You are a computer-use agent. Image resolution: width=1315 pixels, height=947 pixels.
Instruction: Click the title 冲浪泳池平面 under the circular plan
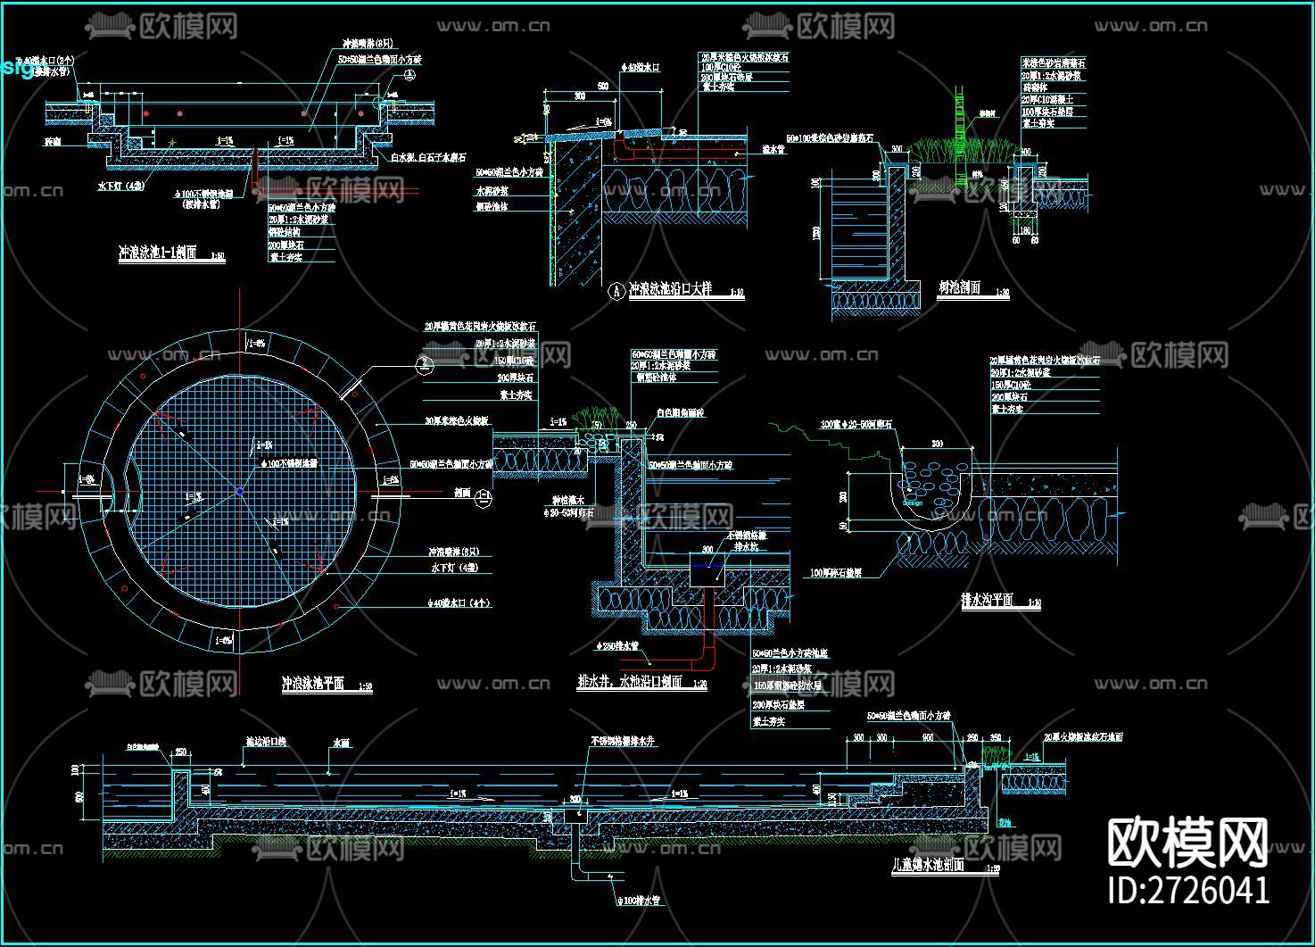pyautogui.click(x=313, y=685)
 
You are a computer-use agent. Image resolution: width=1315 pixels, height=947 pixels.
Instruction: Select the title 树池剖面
pyautogui.click(x=959, y=287)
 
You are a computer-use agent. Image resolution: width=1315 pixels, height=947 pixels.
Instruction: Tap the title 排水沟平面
pyautogui.click(x=988, y=601)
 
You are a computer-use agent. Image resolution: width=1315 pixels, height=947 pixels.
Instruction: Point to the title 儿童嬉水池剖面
pyautogui.click(x=928, y=865)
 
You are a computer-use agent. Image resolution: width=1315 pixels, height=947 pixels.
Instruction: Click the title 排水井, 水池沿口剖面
pyautogui.click(x=630, y=682)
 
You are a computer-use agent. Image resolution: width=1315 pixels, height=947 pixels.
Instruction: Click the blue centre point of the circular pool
pyautogui.click(x=240, y=491)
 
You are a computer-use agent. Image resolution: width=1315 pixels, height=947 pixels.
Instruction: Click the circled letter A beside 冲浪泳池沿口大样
pyautogui.click(x=616, y=291)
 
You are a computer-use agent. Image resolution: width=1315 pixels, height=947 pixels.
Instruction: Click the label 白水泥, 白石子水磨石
pyautogui.click(x=429, y=158)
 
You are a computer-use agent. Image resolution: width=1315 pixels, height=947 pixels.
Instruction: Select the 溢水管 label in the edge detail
pyautogui.click(x=773, y=150)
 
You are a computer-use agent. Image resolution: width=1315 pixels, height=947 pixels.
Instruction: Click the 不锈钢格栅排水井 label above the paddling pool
pyautogui.click(x=622, y=741)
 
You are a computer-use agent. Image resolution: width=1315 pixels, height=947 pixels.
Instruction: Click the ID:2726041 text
pyautogui.click(x=1187, y=890)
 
